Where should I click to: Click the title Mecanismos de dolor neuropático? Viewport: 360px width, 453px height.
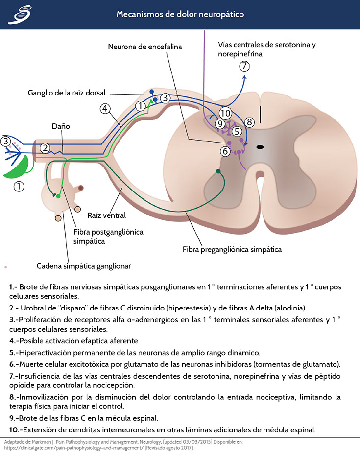180,14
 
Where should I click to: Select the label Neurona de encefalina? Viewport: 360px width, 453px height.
145,47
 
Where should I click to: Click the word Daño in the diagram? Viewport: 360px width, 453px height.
61,126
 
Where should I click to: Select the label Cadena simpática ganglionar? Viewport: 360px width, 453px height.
83,266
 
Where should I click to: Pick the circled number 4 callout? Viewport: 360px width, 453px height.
105,109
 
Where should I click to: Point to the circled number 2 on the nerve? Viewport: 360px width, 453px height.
45,147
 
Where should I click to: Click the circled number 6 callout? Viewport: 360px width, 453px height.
225,151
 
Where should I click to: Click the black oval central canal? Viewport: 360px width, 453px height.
260,147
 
